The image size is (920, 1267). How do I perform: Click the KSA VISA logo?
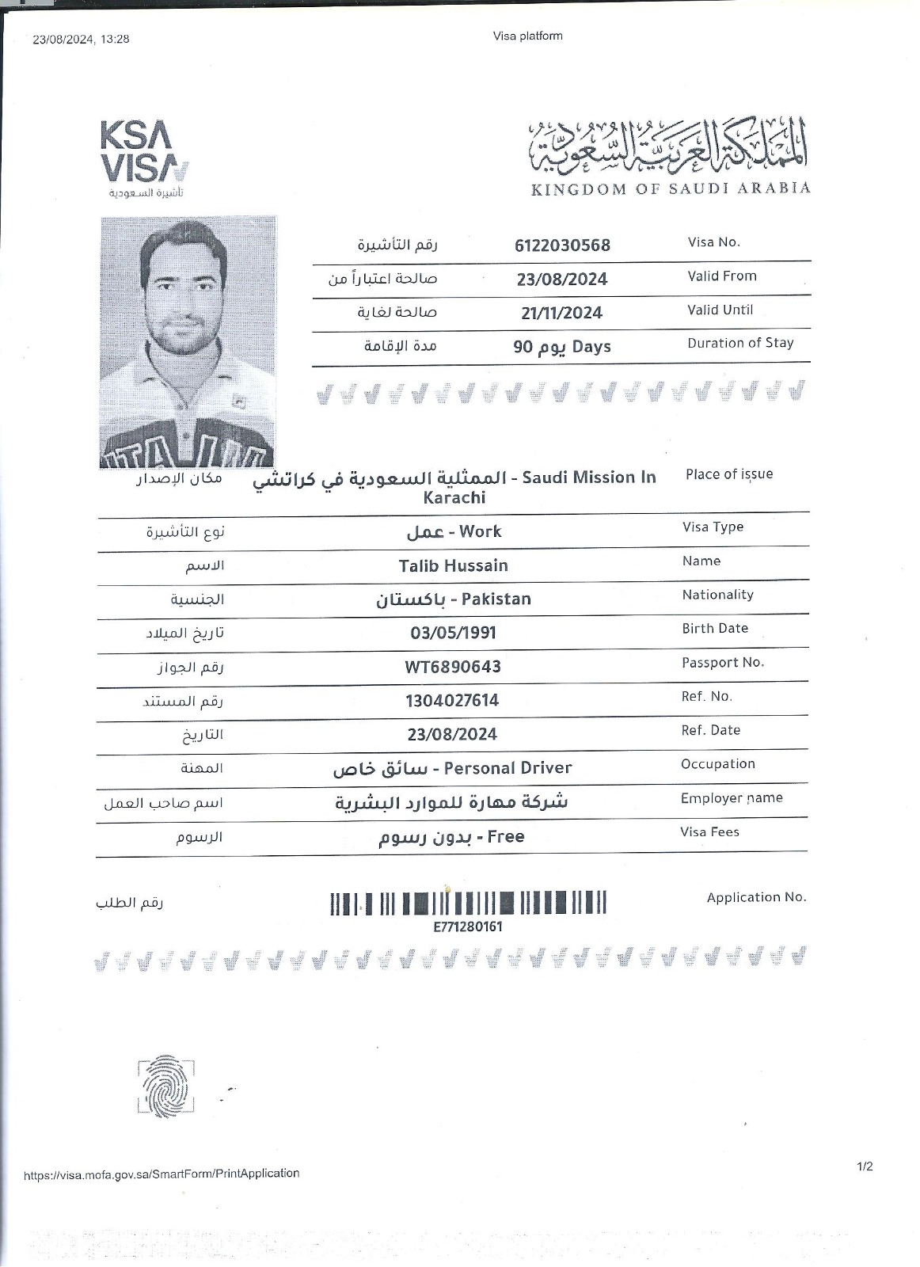[x=144, y=158]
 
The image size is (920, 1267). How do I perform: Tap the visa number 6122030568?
[x=562, y=245]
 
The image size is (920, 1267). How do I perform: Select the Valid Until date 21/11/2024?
[x=561, y=313]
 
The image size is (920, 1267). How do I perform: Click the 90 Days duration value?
[x=561, y=347]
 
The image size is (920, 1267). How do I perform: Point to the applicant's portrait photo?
[x=188, y=341]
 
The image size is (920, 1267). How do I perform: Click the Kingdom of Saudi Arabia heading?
[x=671, y=188]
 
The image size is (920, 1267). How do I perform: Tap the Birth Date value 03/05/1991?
[x=453, y=633]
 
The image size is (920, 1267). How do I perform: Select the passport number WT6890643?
[x=453, y=667]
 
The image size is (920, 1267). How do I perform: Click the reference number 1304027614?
[x=452, y=701]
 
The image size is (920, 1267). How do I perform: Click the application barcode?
[x=468, y=903]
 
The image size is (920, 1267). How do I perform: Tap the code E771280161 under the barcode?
[x=468, y=926]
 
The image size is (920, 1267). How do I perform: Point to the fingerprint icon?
[x=165, y=1086]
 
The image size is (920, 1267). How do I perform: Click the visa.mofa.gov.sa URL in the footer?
[x=162, y=1174]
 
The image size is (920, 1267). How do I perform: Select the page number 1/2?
[x=865, y=1166]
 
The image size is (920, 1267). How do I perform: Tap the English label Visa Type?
[x=713, y=527]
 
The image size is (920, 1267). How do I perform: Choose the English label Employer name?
[x=732, y=798]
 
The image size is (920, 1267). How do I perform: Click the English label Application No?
[x=756, y=897]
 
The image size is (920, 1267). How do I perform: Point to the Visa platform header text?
[x=527, y=36]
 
